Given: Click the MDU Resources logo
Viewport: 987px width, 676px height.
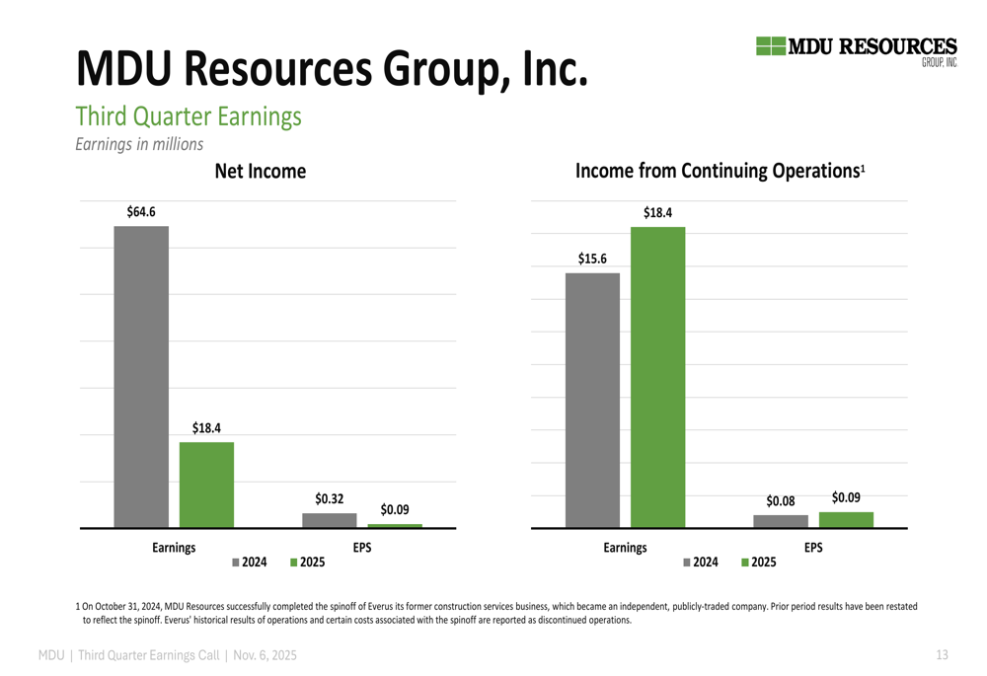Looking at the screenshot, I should (x=856, y=49).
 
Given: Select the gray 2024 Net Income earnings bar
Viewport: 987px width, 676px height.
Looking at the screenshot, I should (x=141, y=376).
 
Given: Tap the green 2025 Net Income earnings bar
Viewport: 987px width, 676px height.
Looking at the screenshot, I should (x=206, y=484).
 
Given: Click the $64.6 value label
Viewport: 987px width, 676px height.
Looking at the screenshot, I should (x=141, y=212).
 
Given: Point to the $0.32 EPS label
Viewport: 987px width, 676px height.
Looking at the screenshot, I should (x=330, y=499).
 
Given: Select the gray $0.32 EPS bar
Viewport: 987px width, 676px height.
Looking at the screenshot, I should (x=330, y=520).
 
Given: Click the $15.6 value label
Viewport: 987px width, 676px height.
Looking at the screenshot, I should (x=592, y=260).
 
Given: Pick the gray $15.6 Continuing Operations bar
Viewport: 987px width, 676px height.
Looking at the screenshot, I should (x=592, y=400).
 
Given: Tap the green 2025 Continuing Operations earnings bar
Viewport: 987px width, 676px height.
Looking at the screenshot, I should (x=657, y=377).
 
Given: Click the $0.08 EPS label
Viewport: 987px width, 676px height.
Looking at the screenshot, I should (x=781, y=501).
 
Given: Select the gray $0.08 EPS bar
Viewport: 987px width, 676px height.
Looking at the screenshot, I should (x=781, y=521).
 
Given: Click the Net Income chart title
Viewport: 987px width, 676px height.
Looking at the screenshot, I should (x=261, y=172).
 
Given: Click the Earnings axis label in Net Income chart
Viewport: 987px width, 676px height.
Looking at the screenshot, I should (x=174, y=547).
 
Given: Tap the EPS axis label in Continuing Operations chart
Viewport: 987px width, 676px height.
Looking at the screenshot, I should (x=813, y=547).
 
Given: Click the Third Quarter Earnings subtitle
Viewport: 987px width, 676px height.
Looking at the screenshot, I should (x=189, y=116).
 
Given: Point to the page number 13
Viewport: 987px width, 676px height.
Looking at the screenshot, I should (x=942, y=654).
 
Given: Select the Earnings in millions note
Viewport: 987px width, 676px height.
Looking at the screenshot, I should (x=139, y=144).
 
